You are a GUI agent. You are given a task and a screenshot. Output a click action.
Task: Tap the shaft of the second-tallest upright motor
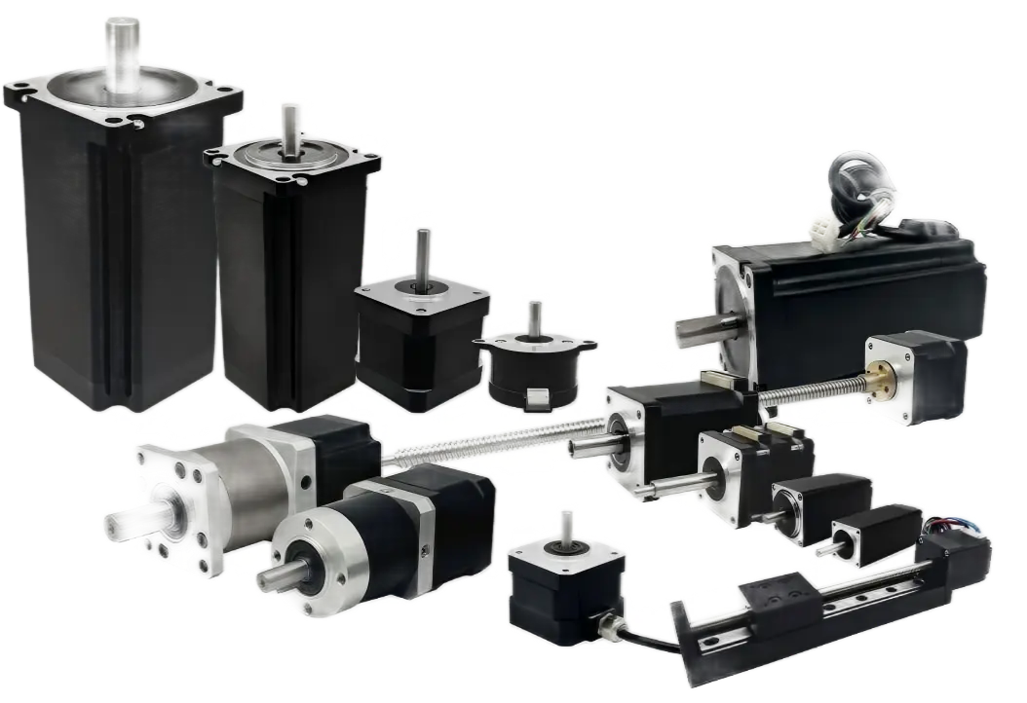click(288, 128)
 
